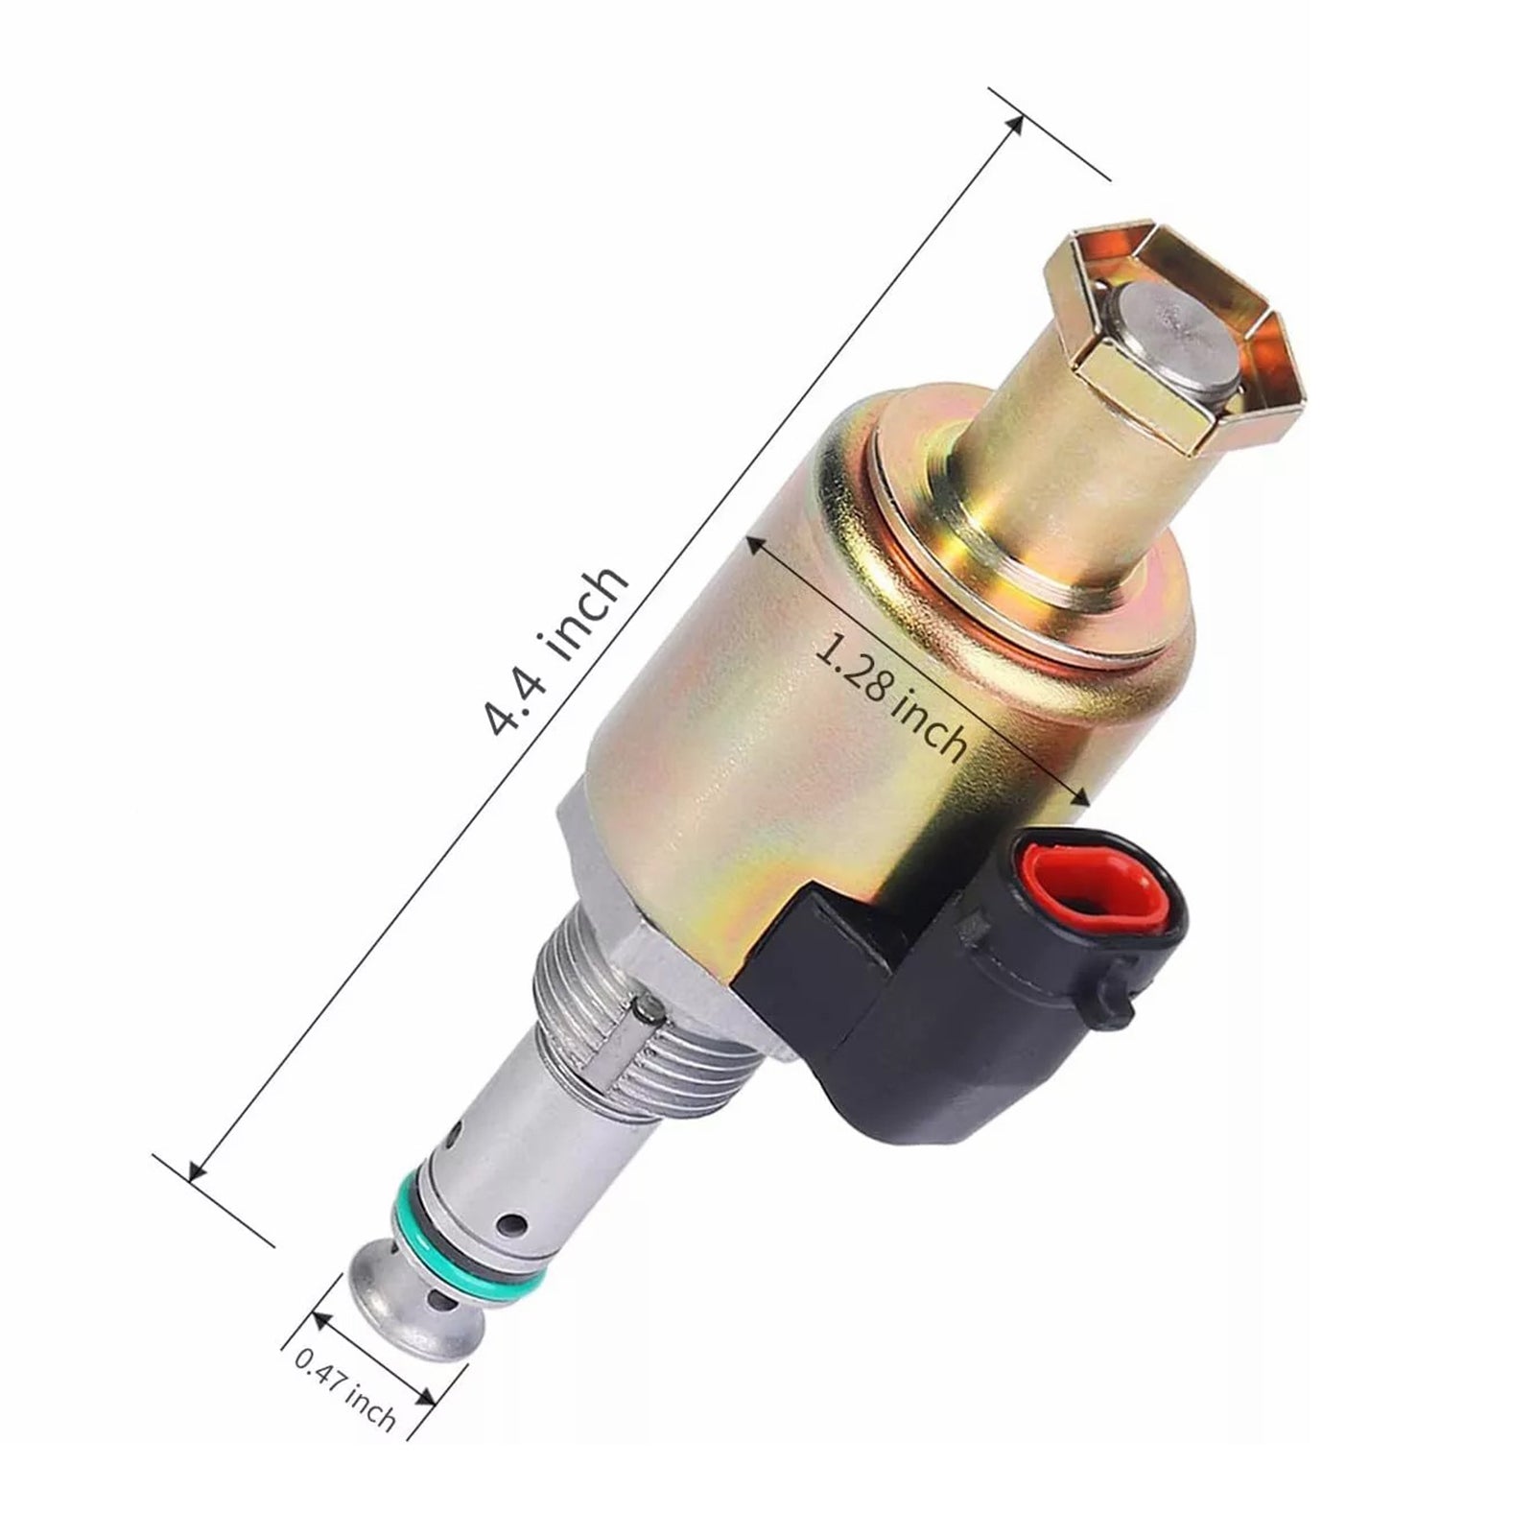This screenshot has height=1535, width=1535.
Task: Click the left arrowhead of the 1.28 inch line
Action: [754, 543]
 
